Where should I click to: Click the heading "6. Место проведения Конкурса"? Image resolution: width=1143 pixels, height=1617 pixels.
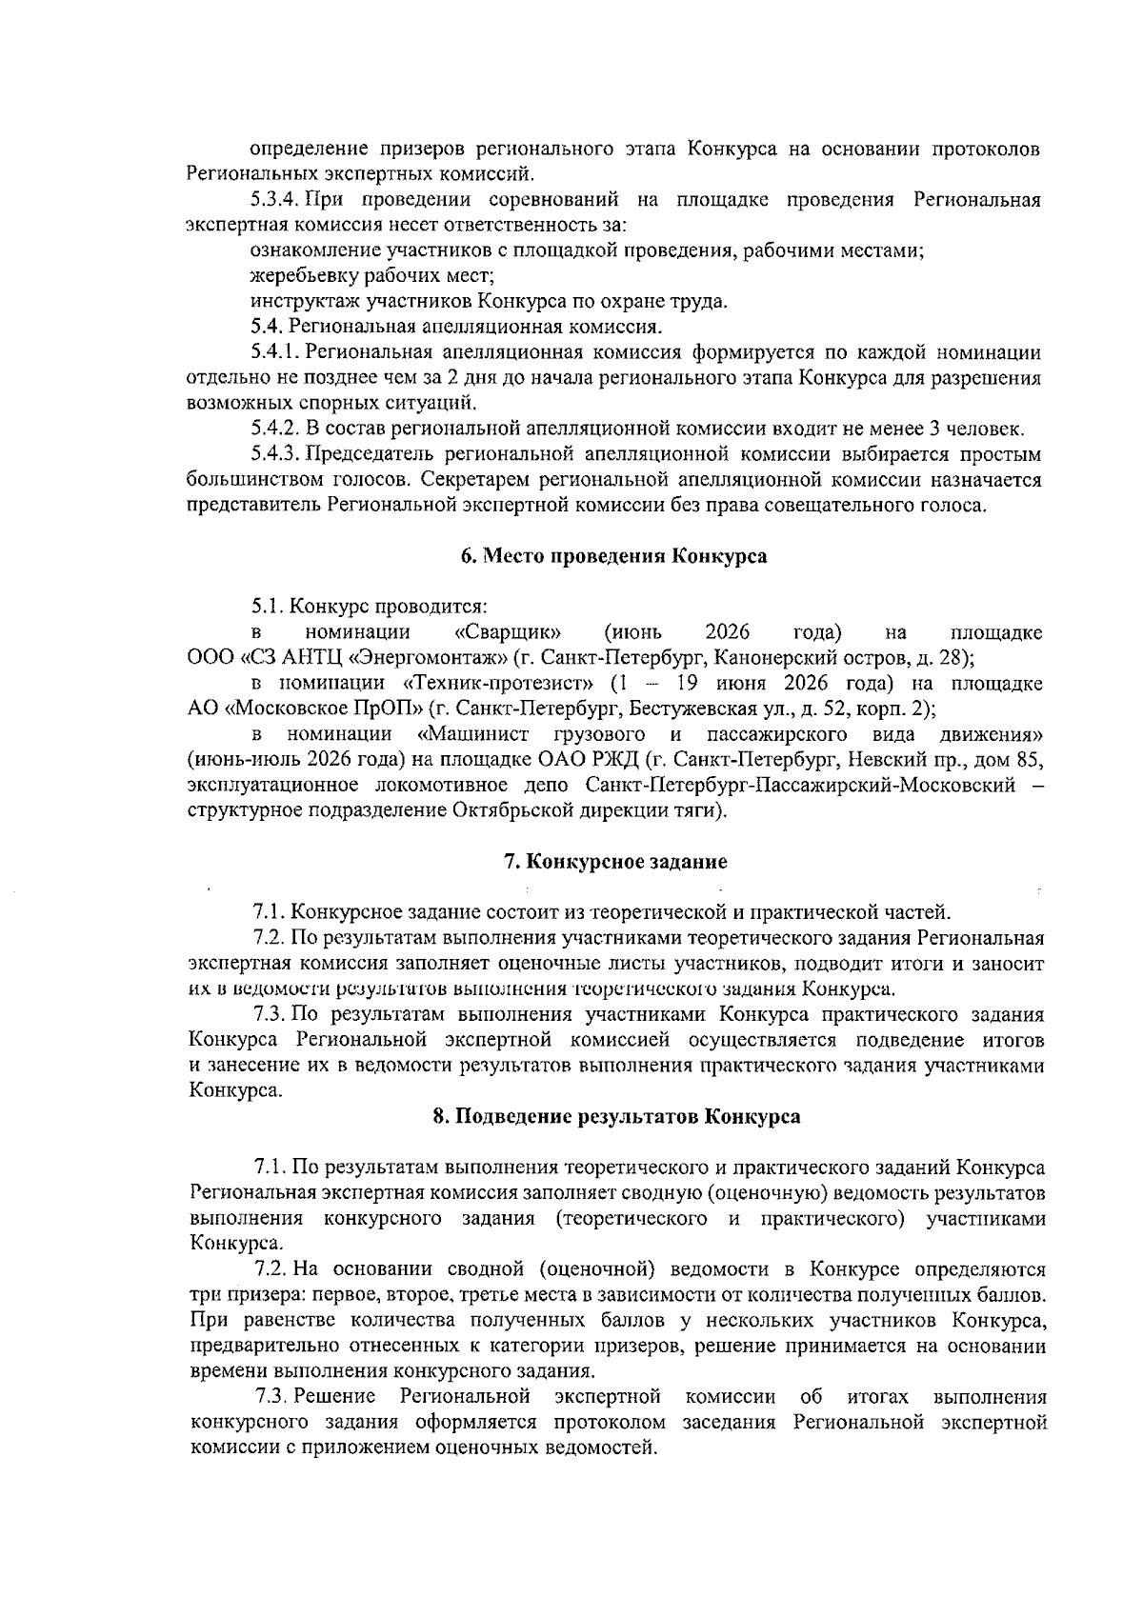(614, 556)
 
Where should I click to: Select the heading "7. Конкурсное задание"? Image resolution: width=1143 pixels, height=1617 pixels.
(614, 862)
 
